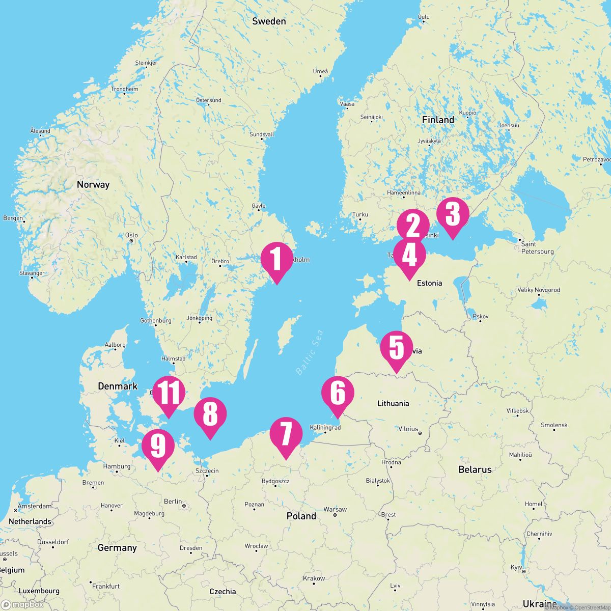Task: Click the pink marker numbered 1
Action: (x=276, y=259)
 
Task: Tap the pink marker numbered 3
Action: (x=452, y=215)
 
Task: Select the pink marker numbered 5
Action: (x=397, y=348)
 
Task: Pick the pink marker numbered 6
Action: (x=338, y=393)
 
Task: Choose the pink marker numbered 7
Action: (x=286, y=434)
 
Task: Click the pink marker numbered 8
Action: (x=210, y=414)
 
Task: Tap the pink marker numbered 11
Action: (x=169, y=393)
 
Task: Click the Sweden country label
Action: (x=269, y=21)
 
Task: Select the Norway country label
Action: (x=93, y=185)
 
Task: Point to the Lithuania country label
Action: (x=393, y=404)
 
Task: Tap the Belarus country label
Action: (x=475, y=469)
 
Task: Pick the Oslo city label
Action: (x=131, y=235)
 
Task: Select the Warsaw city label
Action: (x=335, y=509)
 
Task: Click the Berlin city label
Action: (x=173, y=502)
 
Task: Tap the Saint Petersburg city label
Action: (x=537, y=248)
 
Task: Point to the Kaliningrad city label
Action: (x=325, y=428)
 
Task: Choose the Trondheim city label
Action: (x=125, y=89)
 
